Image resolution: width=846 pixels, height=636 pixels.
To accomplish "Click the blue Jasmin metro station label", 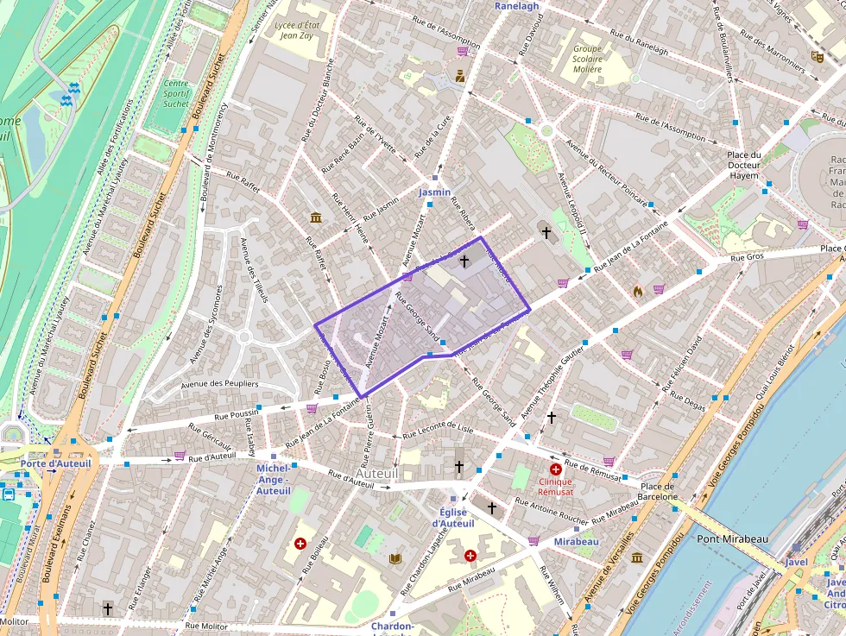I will pos(434,192).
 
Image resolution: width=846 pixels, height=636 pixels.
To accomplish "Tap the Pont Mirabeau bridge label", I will pos(732,539).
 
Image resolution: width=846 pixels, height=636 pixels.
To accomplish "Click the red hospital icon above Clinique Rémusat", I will pos(555,469).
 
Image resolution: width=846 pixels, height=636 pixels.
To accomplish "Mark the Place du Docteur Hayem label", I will pos(743,165).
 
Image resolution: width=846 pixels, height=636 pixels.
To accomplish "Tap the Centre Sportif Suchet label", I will pos(176,94).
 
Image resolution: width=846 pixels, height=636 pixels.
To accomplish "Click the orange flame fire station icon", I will pos(638,291).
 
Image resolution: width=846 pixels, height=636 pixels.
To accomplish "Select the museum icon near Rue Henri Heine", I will pos(315,217).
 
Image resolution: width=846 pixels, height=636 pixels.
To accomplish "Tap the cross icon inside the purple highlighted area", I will pos(464,260).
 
